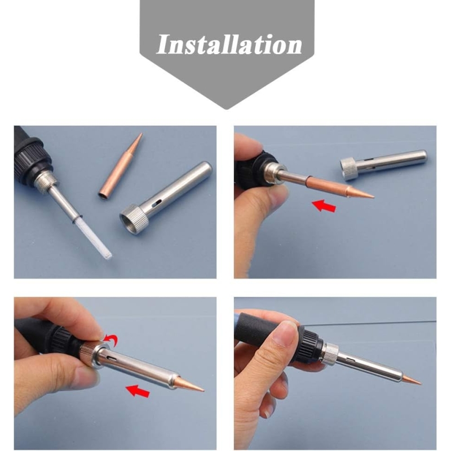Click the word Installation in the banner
(x=229, y=45)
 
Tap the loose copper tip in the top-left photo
(x=121, y=167)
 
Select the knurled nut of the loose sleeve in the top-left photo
(x=134, y=219)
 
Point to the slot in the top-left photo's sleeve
(x=157, y=204)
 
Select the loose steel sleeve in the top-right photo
(x=383, y=165)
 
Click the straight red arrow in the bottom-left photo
(x=138, y=391)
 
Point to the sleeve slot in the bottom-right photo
(x=350, y=360)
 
